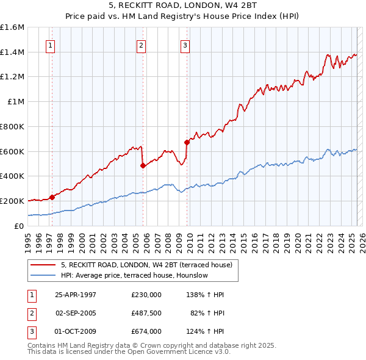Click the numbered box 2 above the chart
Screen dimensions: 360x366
pyautogui.click(x=141, y=45)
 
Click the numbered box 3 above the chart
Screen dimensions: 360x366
pyautogui.click(x=185, y=45)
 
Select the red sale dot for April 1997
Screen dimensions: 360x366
pyautogui.click(x=52, y=197)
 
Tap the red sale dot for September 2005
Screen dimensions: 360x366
pyautogui.click(x=143, y=165)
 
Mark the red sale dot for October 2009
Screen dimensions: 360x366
pyautogui.click(x=187, y=142)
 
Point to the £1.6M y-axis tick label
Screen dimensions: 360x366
pyautogui.click(x=12, y=27)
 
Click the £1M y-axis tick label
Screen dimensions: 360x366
pyautogui.click(x=16, y=102)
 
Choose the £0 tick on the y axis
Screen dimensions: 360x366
pyautogui.click(x=20, y=226)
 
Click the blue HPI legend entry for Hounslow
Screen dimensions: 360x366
pyautogui.click(x=134, y=276)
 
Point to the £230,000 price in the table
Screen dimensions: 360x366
pyautogui.click(x=146, y=295)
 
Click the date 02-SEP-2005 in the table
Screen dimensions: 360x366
pyautogui.click(x=76, y=313)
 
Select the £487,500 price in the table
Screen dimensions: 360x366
pyautogui.click(x=146, y=313)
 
